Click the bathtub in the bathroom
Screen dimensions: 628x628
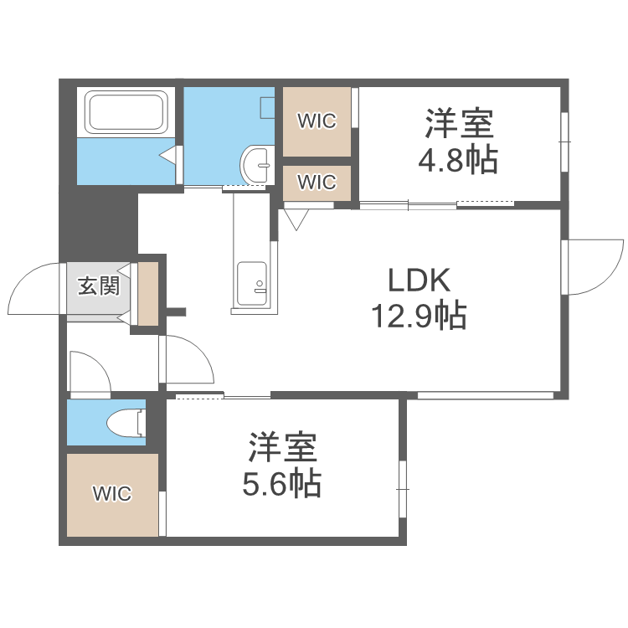tap(125, 112)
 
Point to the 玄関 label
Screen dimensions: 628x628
tap(98, 286)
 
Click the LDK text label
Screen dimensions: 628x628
tap(418, 278)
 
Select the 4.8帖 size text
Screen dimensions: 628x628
tap(458, 158)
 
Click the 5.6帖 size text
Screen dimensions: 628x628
tap(281, 483)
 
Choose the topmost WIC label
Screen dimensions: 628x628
tap(317, 121)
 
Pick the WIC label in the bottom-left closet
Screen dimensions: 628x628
tap(112, 494)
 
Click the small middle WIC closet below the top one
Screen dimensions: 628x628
tap(317, 182)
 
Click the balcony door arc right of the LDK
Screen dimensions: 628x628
tap(595, 266)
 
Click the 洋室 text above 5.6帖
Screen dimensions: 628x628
tap(281, 449)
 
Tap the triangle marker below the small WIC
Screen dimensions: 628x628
tap(296, 219)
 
